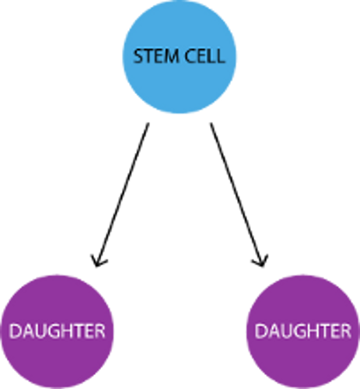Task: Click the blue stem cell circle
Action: click(180, 57)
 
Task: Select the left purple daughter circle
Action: click(57, 331)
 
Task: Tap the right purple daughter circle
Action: click(303, 331)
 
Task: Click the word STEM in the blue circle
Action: click(156, 56)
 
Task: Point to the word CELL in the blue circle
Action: click(205, 56)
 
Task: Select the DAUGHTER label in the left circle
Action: click(58, 331)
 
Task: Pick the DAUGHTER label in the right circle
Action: click(303, 331)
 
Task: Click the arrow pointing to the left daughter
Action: click(122, 194)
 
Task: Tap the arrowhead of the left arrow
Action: click(99, 261)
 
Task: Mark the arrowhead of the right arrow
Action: click(260, 261)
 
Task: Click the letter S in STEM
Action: click(138, 56)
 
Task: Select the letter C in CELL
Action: click(190, 56)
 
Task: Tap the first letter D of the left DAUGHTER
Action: click(15, 331)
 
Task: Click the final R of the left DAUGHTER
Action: click(100, 331)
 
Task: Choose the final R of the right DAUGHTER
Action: click(347, 331)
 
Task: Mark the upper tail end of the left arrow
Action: click(149, 123)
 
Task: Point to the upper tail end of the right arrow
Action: click(211, 123)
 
